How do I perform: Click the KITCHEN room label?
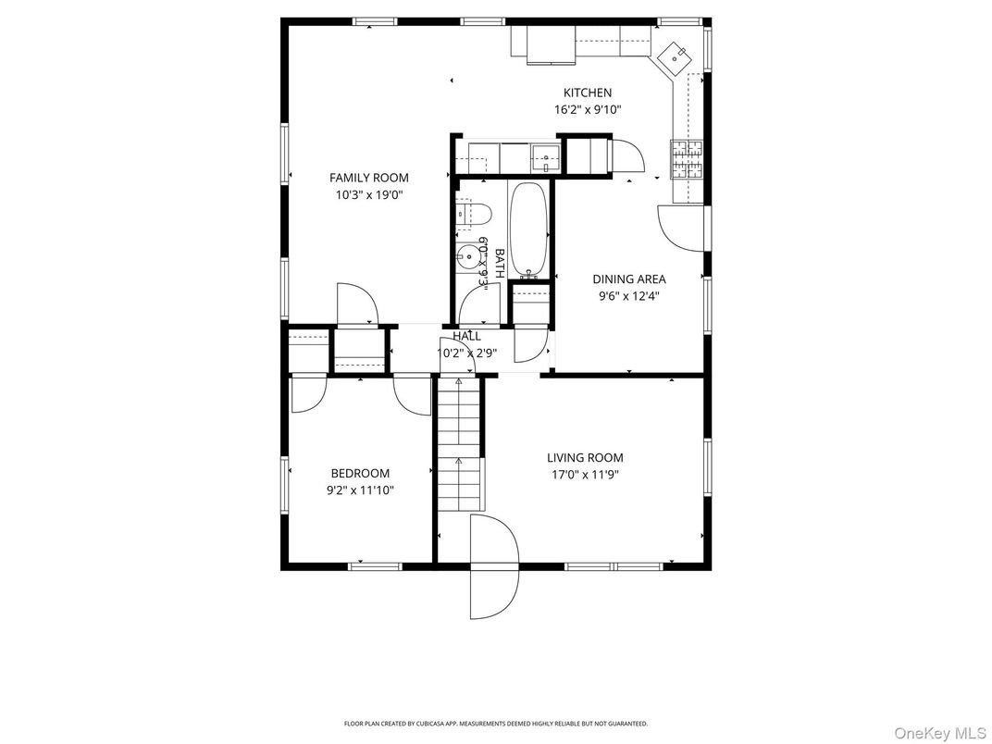click(588, 93)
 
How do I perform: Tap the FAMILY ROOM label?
click(369, 178)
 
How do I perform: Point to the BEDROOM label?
click(360, 473)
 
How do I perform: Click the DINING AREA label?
click(629, 279)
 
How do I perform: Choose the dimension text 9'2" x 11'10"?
click(360, 490)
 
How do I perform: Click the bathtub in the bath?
click(528, 229)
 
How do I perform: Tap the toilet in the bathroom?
click(472, 214)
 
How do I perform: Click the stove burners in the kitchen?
click(687, 158)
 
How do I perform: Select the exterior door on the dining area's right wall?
click(683, 228)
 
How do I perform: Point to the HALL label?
click(467, 336)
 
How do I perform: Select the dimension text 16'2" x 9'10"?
click(588, 109)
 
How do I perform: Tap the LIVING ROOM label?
click(584, 457)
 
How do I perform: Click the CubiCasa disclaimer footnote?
click(496, 724)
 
